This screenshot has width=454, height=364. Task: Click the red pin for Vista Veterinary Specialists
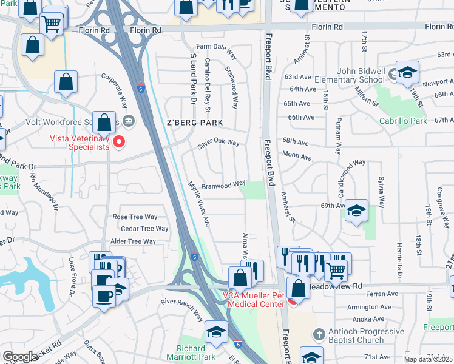119,143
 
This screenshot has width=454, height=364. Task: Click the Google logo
20,357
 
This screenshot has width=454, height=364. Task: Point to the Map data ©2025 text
428,359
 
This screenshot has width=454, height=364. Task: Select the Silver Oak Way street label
219,144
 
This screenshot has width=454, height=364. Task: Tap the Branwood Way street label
223,184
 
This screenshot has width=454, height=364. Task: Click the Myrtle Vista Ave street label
198,204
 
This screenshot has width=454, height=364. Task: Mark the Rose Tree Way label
135,217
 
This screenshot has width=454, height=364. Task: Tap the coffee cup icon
104,295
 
